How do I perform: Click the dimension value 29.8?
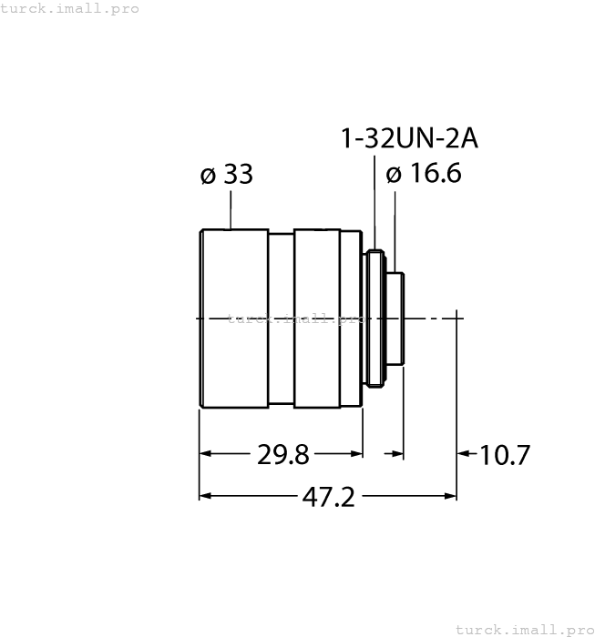point(282,453)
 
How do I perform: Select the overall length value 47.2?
point(327,497)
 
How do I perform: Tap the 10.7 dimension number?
point(505,454)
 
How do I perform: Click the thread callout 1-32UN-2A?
point(409,138)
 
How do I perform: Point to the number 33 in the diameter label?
point(238,175)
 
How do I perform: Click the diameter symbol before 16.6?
point(394,175)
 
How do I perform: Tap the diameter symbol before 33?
point(208,176)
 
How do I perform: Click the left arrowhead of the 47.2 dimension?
point(206,496)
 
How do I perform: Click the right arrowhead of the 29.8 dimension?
point(356,452)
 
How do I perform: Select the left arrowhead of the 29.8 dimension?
point(206,452)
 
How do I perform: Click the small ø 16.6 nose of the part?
point(397,318)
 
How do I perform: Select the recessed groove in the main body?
point(281,318)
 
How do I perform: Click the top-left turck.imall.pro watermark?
point(70,8)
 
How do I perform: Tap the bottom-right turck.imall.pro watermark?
point(523,629)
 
